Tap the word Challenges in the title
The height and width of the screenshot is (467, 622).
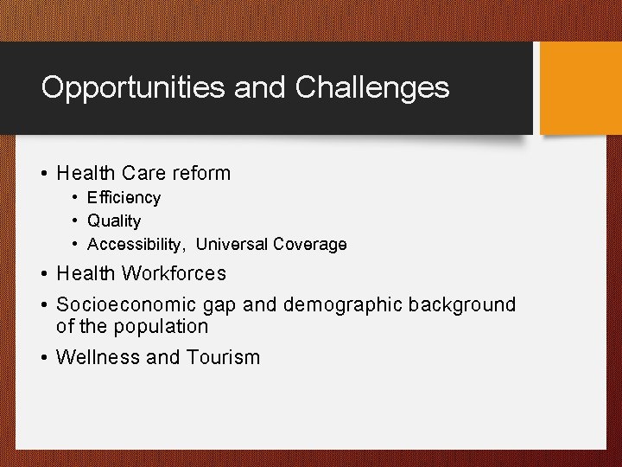(x=372, y=87)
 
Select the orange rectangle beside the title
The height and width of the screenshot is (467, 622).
(x=581, y=87)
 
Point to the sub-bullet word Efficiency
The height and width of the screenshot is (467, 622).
(x=124, y=197)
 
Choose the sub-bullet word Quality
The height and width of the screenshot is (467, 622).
(x=114, y=221)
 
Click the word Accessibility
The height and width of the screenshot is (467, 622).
(x=136, y=245)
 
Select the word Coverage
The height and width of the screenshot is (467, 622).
(x=310, y=245)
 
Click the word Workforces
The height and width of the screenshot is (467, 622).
(x=174, y=273)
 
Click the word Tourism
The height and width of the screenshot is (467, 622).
(x=222, y=357)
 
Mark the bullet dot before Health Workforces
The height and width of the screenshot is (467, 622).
(x=44, y=274)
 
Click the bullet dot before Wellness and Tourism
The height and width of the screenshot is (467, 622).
(x=44, y=357)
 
